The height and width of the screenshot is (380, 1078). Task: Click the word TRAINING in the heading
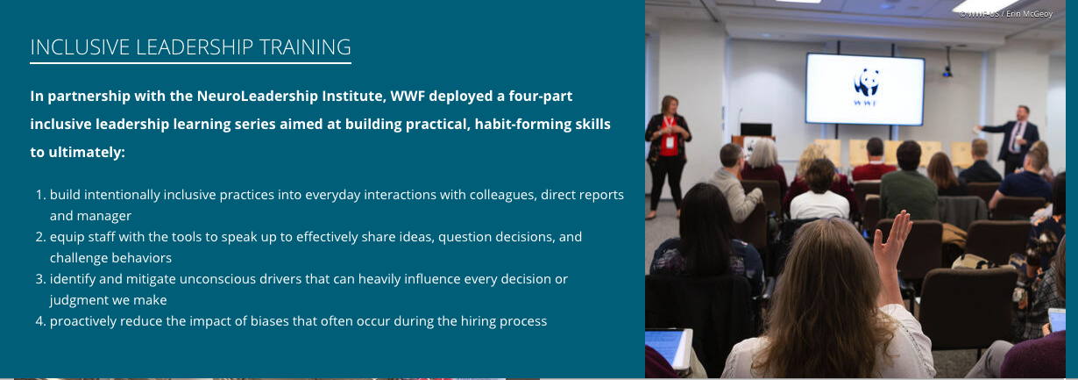point(305,47)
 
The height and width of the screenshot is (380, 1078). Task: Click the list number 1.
point(40,195)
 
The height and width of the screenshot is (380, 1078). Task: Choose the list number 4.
point(40,321)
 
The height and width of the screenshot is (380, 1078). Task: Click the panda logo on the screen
point(866,82)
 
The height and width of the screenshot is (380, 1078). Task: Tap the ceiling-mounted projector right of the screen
point(947,71)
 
